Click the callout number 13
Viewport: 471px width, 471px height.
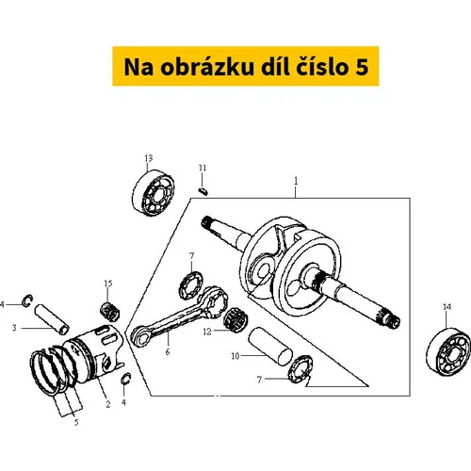[149, 158]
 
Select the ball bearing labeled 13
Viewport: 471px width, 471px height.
[153, 191]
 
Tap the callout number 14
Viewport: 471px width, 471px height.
[447, 307]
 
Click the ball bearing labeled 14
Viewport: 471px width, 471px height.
[448, 351]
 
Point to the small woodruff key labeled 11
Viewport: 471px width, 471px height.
[203, 191]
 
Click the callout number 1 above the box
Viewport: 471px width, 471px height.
[296, 181]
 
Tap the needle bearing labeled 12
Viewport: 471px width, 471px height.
[235, 320]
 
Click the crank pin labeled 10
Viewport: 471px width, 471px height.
[270, 346]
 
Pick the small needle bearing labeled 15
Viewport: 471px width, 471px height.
[110, 311]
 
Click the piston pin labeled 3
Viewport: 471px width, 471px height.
[52, 319]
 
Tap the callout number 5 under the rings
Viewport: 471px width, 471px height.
[76, 423]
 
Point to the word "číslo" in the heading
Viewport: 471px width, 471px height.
[323, 66]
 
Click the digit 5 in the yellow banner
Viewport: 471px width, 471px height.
[362, 67]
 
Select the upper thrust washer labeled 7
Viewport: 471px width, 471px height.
[191, 284]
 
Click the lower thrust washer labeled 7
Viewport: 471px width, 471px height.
[300, 369]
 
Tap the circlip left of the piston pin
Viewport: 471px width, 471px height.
[28, 300]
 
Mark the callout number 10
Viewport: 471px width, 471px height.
[235, 356]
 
